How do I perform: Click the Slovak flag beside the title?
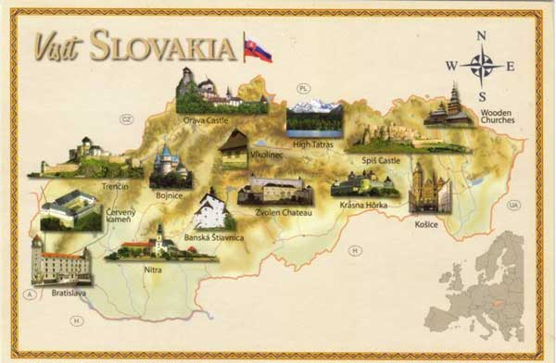pyautogui.click(x=258, y=49)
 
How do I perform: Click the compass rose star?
pyautogui.click(x=482, y=66)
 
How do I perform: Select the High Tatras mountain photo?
pyautogui.click(x=314, y=118)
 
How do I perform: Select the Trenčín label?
pyautogui.click(x=115, y=186)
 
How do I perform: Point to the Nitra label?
pyautogui.click(x=153, y=269)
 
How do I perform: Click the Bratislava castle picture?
pyautogui.click(x=60, y=261)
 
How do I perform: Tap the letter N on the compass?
pyautogui.click(x=481, y=36)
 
